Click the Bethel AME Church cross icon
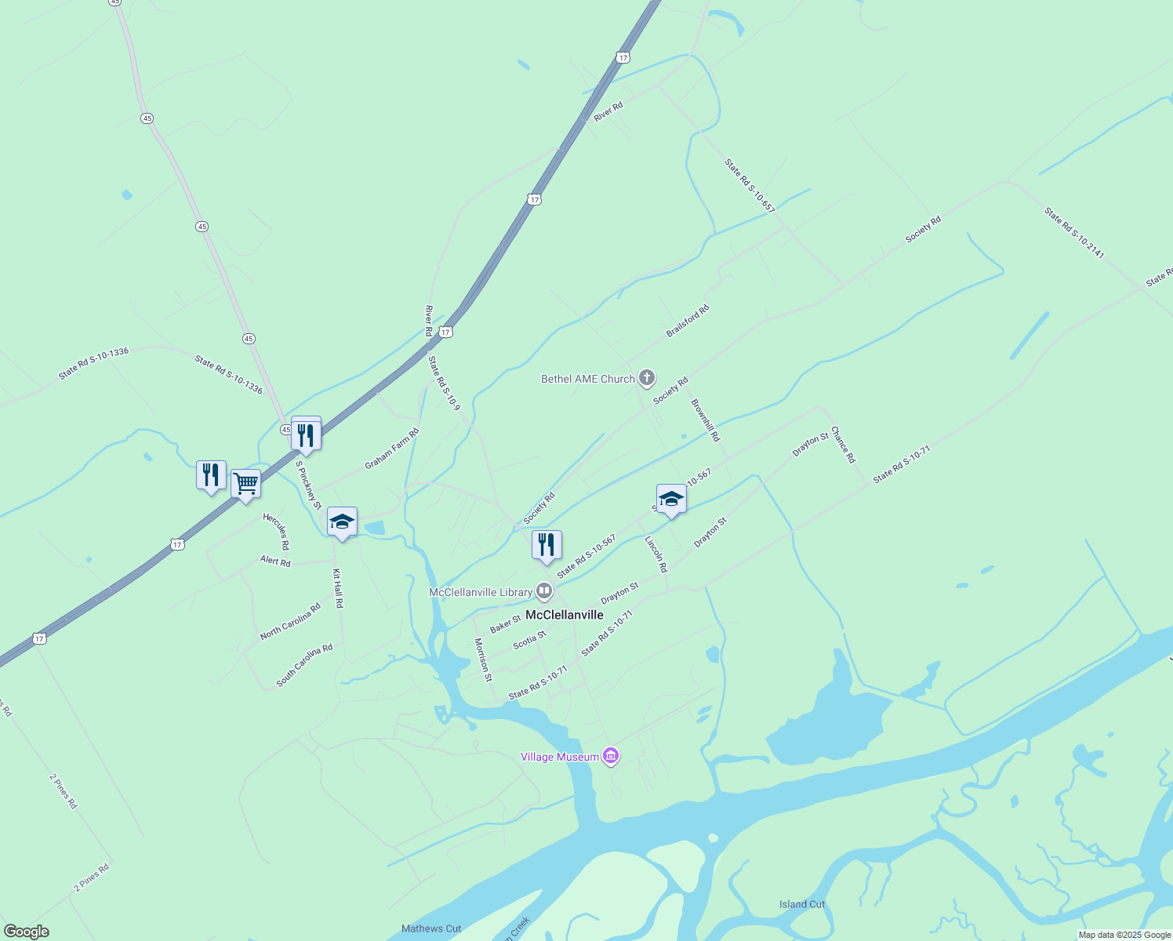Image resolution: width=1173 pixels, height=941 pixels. (647, 379)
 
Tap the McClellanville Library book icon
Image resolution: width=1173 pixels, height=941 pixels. (544, 592)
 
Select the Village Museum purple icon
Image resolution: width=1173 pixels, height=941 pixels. (612, 757)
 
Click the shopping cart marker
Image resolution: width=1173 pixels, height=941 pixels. (245, 483)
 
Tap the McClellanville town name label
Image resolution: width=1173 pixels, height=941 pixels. (565, 615)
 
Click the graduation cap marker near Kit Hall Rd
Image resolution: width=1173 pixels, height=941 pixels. (342, 521)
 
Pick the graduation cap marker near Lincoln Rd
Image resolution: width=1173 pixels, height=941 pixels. (671, 499)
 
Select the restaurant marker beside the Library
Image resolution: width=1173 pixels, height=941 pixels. (547, 545)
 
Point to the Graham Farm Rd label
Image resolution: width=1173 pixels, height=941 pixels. (392, 449)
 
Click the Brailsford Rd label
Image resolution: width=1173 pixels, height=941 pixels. (688, 322)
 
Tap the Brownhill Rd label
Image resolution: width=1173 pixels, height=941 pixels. (705, 420)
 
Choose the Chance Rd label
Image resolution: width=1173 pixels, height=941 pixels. (843, 445)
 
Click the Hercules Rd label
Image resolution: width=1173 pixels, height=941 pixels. (276, 531)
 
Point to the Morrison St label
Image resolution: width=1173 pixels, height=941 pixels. (483, 659)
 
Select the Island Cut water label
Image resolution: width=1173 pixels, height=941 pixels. (802, 904)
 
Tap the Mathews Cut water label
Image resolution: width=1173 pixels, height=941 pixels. (431, 928)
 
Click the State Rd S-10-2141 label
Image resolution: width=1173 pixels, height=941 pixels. (1074, 233)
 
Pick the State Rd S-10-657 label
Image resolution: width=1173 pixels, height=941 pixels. (750, 187)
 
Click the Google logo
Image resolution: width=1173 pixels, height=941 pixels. (26, 932)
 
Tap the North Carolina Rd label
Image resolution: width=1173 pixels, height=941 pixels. (290, 622)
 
